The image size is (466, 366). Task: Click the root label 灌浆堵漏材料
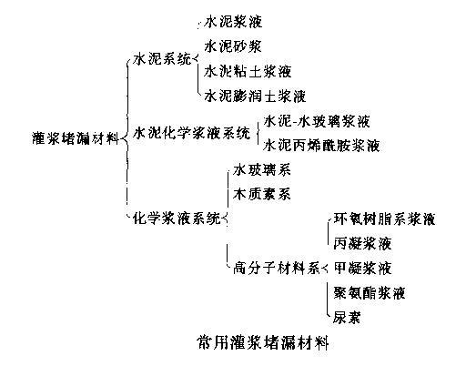[x=76, y=138]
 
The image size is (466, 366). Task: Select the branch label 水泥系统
[x=162, y=58]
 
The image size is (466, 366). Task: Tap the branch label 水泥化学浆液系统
[x=192, y=133]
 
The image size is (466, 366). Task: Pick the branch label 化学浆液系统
[x=177, y=219]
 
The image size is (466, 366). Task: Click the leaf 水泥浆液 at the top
[x=233, y=22]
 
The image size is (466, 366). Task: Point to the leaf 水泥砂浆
[x=233, y=46]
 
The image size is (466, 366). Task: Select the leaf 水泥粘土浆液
[x=248, y=71]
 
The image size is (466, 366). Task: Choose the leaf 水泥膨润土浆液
[x=255, y=96]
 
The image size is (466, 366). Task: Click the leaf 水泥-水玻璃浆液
[x=317, y=121]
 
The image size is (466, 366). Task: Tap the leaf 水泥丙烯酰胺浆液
[x=321, y=146]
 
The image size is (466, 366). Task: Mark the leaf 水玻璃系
[x=262, y=170]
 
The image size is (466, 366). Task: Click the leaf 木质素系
[x=262, y=194]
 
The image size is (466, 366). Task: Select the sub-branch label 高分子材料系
[x=277, y=268]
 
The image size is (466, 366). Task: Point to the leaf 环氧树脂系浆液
[x=384, y=219]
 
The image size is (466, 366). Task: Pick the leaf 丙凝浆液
[x=362, y=243]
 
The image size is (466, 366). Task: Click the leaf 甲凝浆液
[x=362, y=268]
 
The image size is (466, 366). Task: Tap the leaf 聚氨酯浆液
[x=370, y=293]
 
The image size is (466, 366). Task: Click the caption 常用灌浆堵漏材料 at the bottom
[x=263, y=343]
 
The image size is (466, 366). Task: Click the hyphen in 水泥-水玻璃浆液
[x=295, y=123]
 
